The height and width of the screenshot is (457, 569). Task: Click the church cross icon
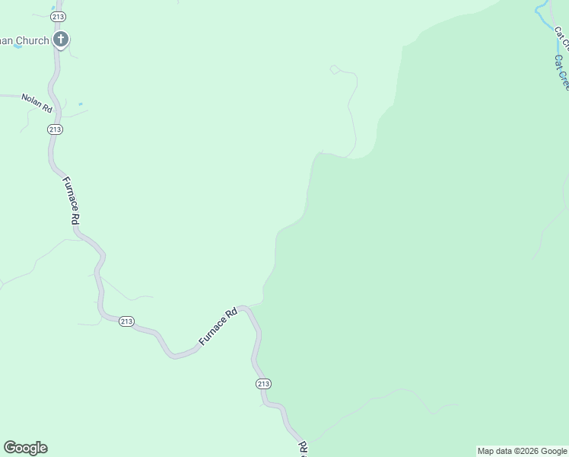61,40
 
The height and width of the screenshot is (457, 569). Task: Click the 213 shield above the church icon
57,16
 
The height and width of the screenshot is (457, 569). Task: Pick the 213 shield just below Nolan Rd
55,130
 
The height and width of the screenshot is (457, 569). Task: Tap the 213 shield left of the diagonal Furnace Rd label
126,322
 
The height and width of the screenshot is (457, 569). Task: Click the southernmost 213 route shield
262,384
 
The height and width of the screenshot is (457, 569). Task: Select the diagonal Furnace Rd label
219,327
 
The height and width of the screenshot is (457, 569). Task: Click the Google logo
25,448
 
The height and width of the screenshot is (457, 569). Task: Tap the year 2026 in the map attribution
525,451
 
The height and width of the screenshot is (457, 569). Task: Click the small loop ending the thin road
333,69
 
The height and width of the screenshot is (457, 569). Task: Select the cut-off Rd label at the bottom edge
302,448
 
